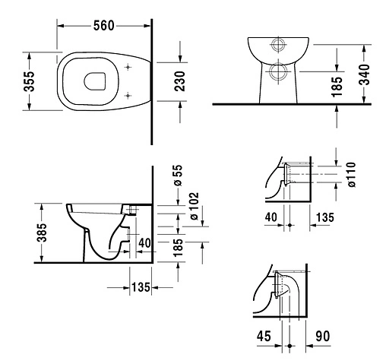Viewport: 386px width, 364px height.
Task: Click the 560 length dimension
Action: tap(104, 25)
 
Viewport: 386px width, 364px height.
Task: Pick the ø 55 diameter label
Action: tap(177, 175)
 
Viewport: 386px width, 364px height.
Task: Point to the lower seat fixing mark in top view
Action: tap(127, 94)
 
